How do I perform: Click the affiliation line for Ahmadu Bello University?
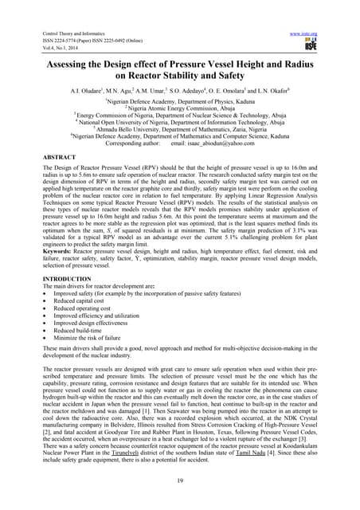click(179, 131)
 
